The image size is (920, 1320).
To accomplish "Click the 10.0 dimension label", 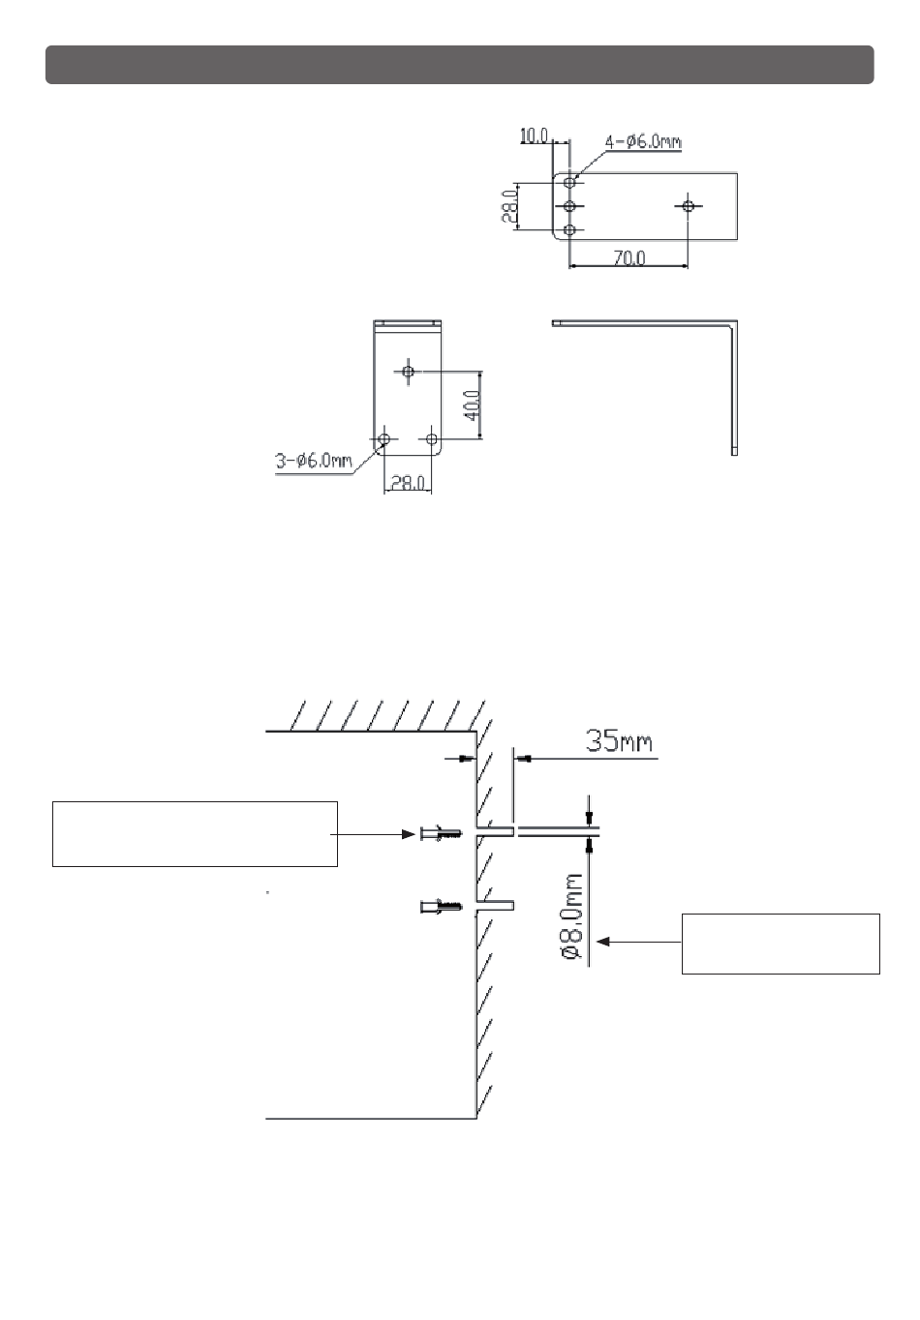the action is (534, 136).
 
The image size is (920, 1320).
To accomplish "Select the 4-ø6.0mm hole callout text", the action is (643, 141).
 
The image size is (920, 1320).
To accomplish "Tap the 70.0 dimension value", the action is (629, 258).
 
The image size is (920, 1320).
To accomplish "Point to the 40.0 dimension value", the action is (473, 405).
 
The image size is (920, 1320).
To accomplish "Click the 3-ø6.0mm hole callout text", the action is (313, 461).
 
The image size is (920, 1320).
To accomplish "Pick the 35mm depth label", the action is (619, 740).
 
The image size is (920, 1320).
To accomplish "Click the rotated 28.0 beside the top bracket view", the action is (509, 206).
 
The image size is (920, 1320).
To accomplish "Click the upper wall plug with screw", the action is (442, 834).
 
